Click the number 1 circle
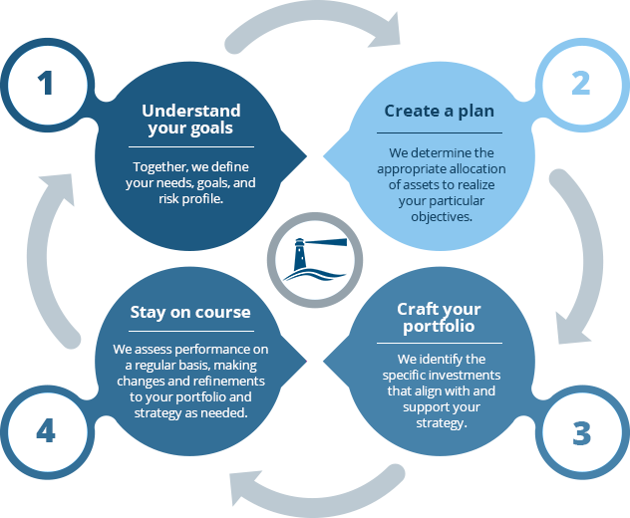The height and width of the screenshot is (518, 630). coord(45,84)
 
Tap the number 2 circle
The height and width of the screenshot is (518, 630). coord(580,84)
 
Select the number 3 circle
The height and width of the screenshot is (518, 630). coord(580,433)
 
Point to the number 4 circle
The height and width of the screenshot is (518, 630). coord(45,431)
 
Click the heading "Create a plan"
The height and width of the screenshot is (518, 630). coord(440,111)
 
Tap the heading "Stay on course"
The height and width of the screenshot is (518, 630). coord(190,312)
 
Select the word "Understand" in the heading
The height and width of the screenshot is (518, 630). coord(191,110)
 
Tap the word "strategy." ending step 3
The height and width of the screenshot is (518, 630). coord(440,423)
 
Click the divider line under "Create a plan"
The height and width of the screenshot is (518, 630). coord(440,132)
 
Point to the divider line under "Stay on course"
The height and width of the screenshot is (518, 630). coord(190,332)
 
